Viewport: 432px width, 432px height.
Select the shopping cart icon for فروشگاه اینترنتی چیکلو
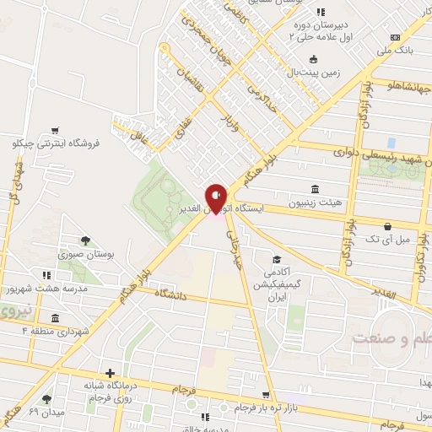55,130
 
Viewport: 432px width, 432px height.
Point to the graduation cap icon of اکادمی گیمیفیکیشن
276,259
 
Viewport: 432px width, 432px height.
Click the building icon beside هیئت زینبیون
315,188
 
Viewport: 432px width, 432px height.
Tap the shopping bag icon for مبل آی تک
387,226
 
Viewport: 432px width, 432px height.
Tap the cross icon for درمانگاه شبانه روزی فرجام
111,373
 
